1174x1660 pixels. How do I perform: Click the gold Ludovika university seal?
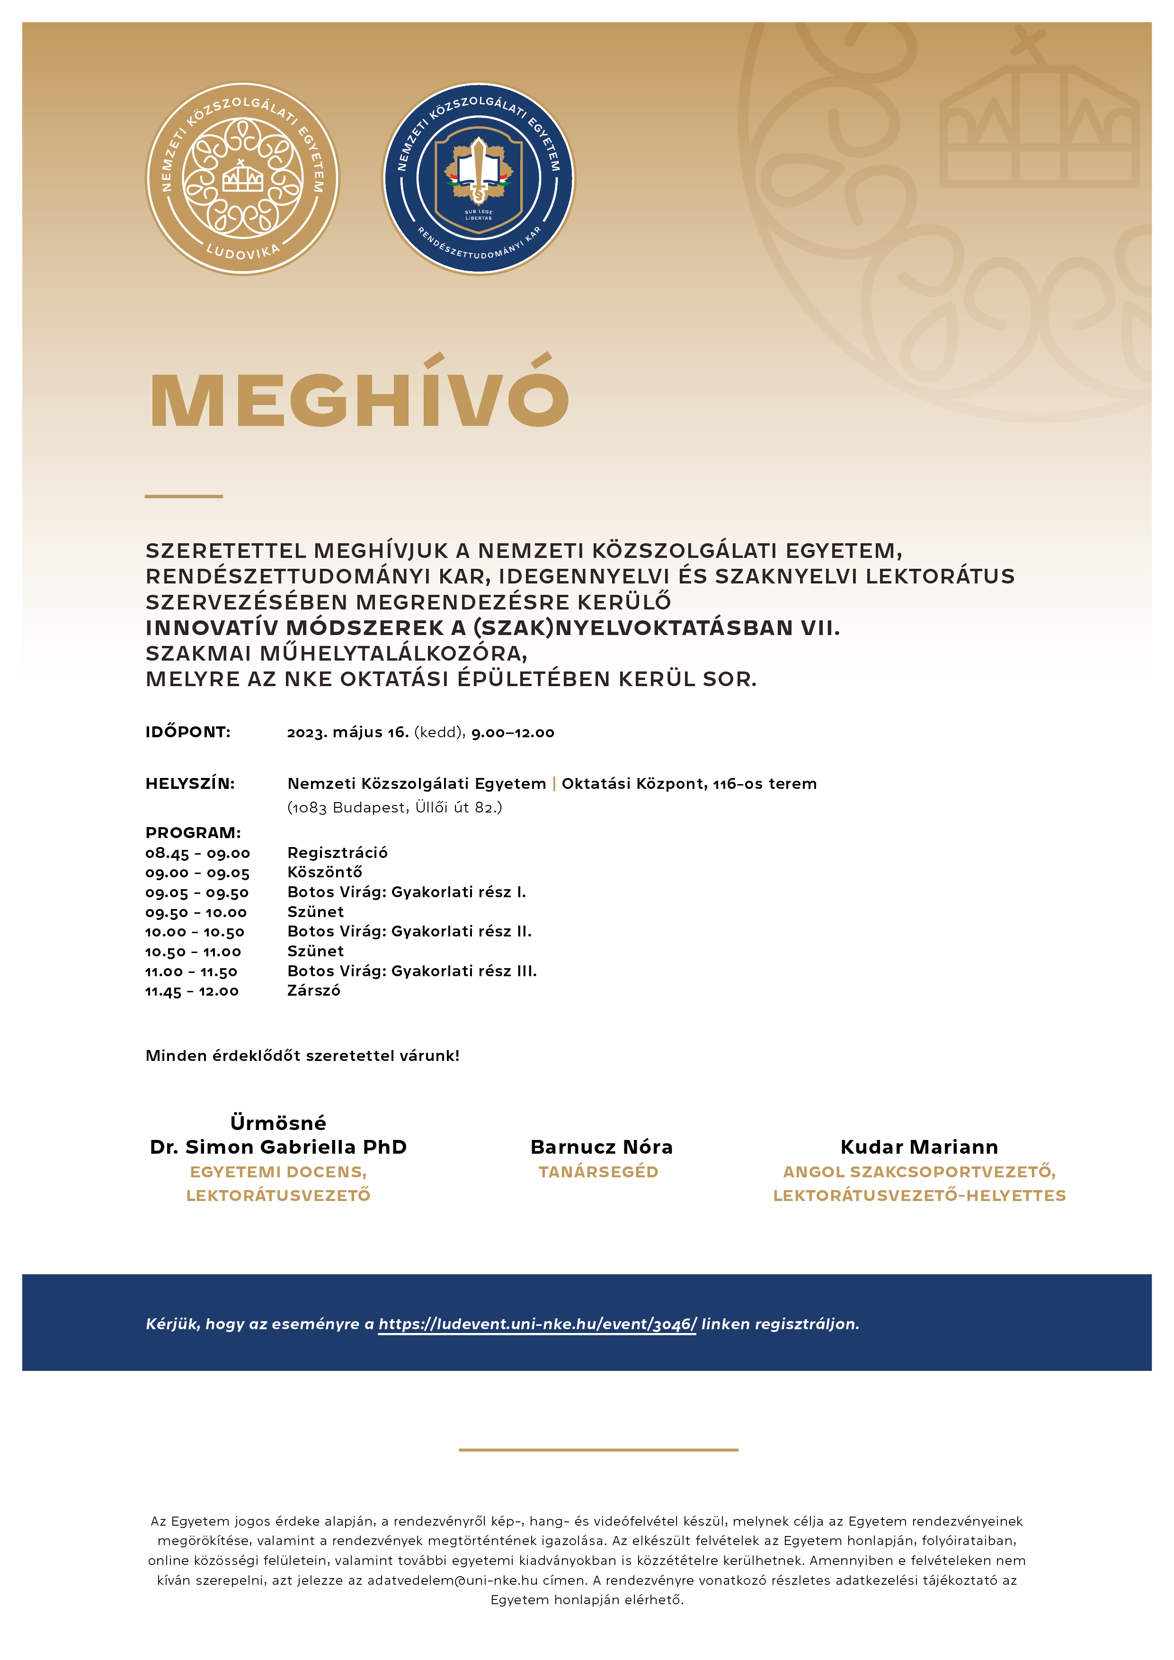[x=242, y=178]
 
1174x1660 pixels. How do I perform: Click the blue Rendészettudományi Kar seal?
[x=478, y=178]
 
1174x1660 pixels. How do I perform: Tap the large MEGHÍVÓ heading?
[x=359, y=396]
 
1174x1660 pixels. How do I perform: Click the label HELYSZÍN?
[x=190, y=784]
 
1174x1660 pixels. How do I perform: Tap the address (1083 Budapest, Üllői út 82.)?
[x=394, y=808]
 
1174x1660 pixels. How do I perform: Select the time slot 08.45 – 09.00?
[x=197, y=853]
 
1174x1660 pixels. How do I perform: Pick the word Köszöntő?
[x=325, y=873]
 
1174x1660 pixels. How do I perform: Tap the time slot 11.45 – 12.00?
[x=192, y=991]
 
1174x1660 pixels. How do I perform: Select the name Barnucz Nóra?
[x=601, y=1148]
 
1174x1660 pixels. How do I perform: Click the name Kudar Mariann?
[x=919, y=1148]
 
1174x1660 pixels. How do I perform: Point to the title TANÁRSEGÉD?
[x=598, y=1172]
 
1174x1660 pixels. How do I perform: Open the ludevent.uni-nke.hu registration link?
[x=537, y=1324]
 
